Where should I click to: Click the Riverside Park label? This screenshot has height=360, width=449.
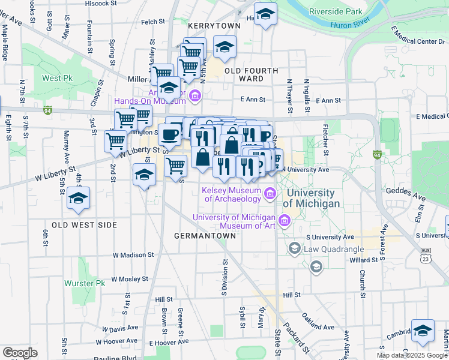[x=336, y=11]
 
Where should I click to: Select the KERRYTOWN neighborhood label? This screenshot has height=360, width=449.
[x=209, y=27]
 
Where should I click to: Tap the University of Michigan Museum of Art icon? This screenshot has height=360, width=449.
[x=285, y=221]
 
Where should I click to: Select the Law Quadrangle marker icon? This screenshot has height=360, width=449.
[x=294, y=247]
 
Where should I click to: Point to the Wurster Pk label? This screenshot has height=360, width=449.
[x=87, y=283]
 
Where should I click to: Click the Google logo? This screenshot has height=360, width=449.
[x=20, y=353]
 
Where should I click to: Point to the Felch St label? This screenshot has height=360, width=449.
[x=153, y=22]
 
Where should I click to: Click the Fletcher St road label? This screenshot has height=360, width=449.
[x=325, y=139]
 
